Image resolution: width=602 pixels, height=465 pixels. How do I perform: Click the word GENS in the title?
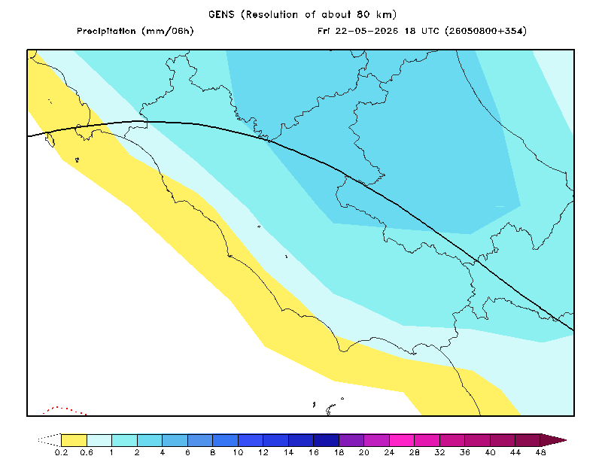click(x=221, y=14)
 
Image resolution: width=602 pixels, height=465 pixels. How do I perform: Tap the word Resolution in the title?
click(x=272, y=14)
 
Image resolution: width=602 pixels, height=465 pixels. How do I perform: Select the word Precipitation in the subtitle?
click(x=106, y=31)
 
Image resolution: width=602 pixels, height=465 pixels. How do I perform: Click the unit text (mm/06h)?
click(x=168, y=31)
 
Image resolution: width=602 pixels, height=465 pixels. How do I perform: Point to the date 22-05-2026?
click(x=366, y=31)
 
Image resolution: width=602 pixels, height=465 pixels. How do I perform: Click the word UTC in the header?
click(x=430, y=31)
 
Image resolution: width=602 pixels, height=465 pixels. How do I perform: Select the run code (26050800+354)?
click(x=485, y=31)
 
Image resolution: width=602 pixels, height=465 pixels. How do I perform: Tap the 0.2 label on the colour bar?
click(x=61, y=453)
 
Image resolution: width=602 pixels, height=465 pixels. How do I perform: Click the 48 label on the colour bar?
click(x=540, y=453)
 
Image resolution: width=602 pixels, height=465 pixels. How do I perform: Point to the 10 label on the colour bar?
click(x=238, y=453)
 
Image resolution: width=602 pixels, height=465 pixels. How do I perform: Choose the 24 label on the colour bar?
click(x=389, y=453)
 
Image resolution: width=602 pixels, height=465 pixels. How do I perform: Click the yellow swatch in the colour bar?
click(x=74, y=440)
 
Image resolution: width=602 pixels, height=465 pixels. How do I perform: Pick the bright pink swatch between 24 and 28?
click(x=402, y=440)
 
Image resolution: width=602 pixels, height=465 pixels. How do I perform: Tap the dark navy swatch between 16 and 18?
click(x=327, y=440)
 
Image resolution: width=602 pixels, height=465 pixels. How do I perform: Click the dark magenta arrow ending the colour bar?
click(x=554, y=440)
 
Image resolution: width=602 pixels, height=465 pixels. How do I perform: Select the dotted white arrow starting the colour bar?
click(x=49, y=440)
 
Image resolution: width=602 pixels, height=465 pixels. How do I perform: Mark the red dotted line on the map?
click(x=65, y=410)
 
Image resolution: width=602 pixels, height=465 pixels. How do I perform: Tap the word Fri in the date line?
click(x=324, y=31)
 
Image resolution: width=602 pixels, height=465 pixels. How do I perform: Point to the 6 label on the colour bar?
click(x=187, y=453)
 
